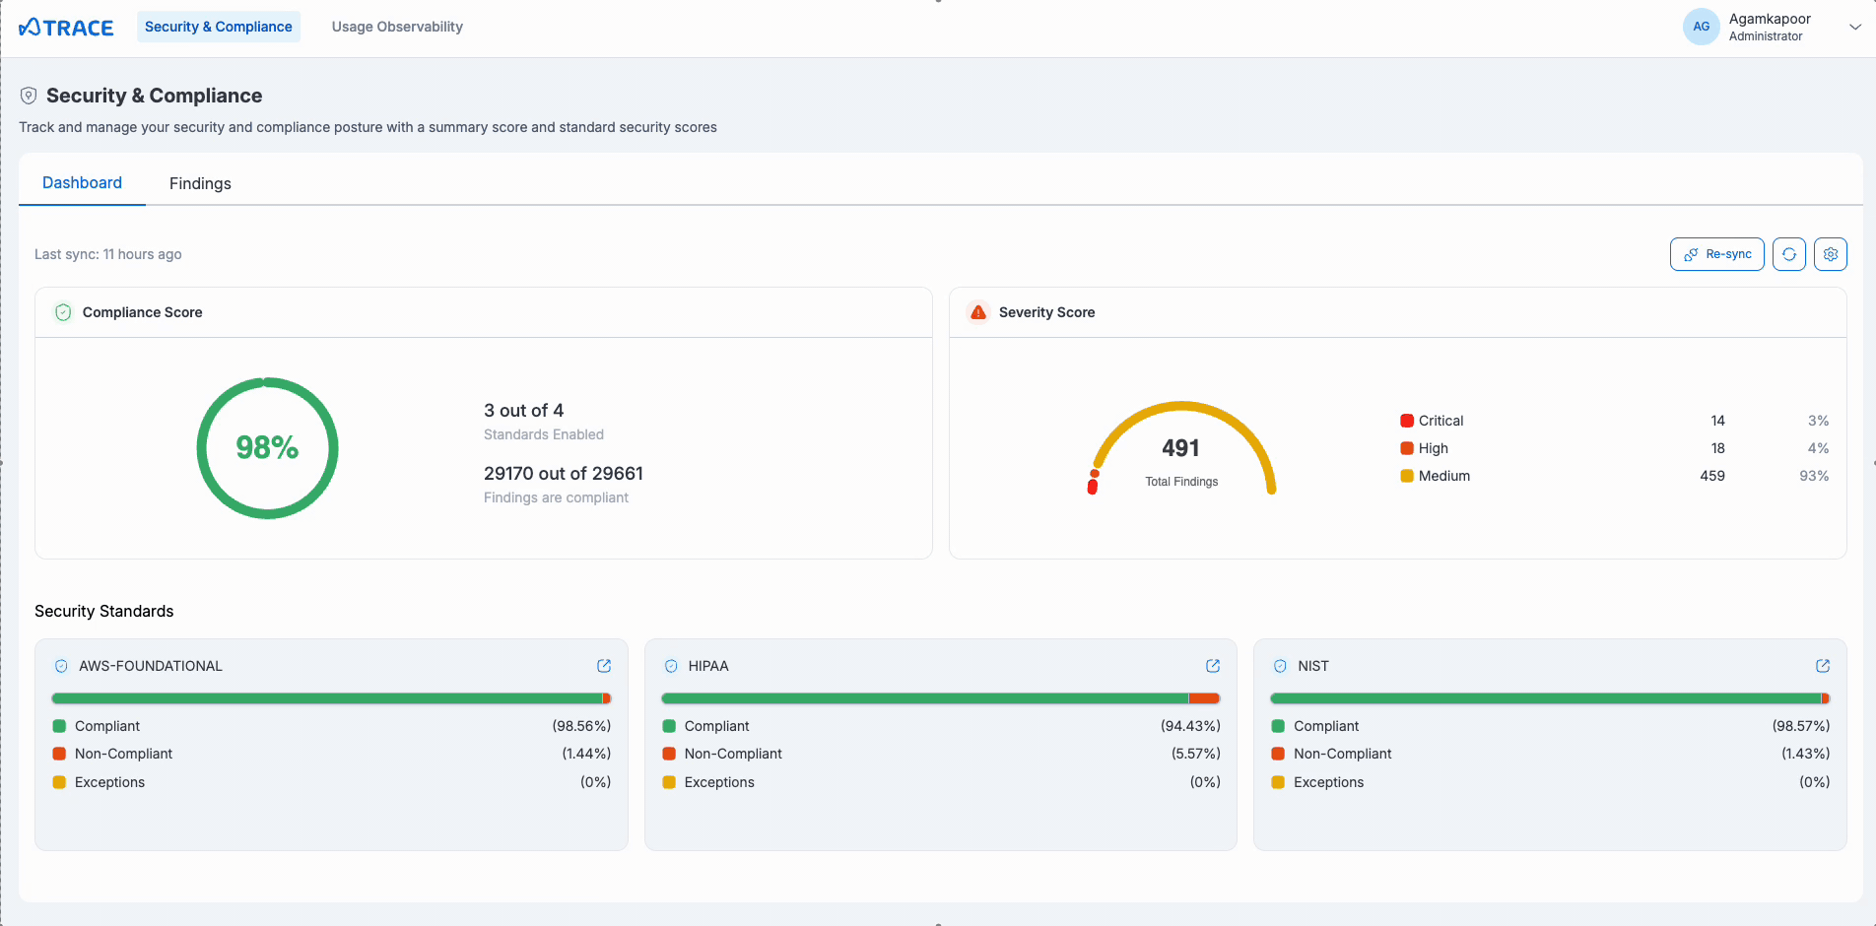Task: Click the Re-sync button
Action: tap(1716, 254)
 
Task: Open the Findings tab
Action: tap(200, 183)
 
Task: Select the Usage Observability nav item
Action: tap(397, 27)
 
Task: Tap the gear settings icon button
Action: tap(1830, 254)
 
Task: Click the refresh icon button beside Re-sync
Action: tap(1788, 254)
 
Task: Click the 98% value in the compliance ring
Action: tap(267, 448)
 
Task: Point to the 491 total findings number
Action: tap(1180, 448)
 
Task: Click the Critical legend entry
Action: tap(1440, 421)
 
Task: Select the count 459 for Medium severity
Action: tap(1711, 476)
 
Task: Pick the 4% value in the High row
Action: tap(1818, 448)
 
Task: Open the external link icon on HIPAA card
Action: tap(1213, 666)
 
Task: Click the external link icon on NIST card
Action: tap(1822, 666)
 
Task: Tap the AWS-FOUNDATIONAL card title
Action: tap(150, 666)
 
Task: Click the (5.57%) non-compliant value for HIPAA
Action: tap(1195, 754)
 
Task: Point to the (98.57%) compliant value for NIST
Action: tap(1800, 726)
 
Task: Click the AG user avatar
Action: tap(1701, 27)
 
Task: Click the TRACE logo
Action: tap(66, 28)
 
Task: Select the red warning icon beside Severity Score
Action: tap(977, 312)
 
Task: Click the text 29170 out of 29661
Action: tap(563, 474)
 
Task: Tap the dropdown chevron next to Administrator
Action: tap(1854, 28)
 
